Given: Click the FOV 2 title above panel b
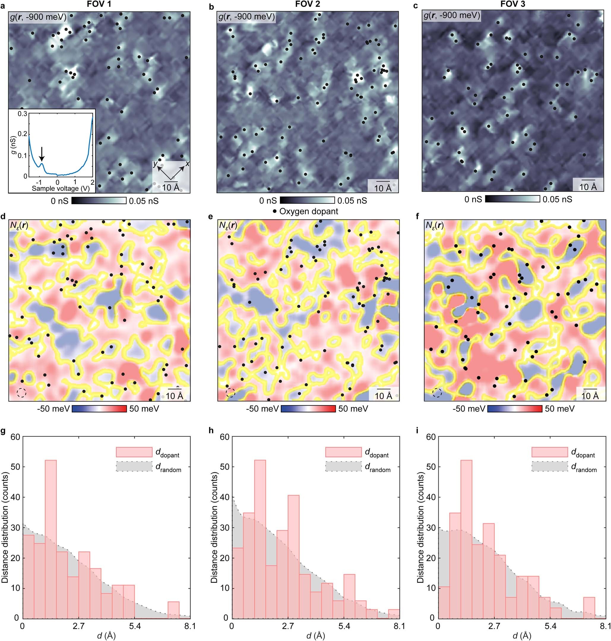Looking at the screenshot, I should coord(308,4).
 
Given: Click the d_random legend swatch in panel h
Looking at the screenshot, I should coord(343,467).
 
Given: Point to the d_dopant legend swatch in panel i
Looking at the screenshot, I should coord(550,452).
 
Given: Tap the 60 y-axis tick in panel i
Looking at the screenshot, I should coord(430,437).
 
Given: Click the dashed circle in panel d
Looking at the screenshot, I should coord(21,393).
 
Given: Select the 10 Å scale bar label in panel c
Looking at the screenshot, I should coord(588,187).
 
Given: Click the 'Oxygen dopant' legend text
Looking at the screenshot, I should coord(308,211).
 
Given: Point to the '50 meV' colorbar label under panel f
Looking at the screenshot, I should coord(560,409).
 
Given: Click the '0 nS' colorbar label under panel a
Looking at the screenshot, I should coord(59,201).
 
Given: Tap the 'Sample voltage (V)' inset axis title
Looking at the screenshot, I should coord(61,188).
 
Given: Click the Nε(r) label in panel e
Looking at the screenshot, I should coord(228,225).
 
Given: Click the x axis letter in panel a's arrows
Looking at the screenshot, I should coord(187,164).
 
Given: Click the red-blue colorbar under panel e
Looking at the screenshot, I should coord(308,409).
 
